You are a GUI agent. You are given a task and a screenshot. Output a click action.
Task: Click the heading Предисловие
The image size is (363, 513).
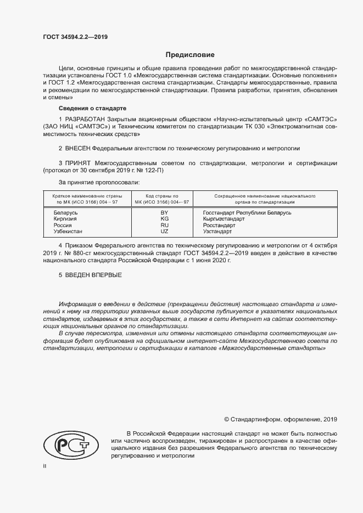[x=190, y=55]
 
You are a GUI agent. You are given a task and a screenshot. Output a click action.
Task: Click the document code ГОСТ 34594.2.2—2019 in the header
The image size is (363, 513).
[x=75, y=37]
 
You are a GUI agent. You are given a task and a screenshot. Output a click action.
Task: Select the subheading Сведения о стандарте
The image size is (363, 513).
[x=92, y=108]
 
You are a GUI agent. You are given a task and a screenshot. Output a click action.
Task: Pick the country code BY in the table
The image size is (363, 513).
[x=164, y=212]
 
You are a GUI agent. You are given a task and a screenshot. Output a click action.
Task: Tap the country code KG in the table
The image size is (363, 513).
[x=164, y=219]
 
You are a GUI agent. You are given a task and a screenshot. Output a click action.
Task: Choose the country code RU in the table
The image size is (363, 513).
[x=164, y=226]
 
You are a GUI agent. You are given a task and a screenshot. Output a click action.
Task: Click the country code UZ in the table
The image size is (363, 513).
[x=164, y=232]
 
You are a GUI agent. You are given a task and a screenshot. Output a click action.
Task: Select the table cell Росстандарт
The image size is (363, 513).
[x=219, y=226]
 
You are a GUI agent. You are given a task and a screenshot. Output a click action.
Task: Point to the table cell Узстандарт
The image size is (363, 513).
[x=217, y=232]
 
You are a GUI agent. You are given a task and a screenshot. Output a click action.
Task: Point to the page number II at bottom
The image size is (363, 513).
[x=45, y=466]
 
